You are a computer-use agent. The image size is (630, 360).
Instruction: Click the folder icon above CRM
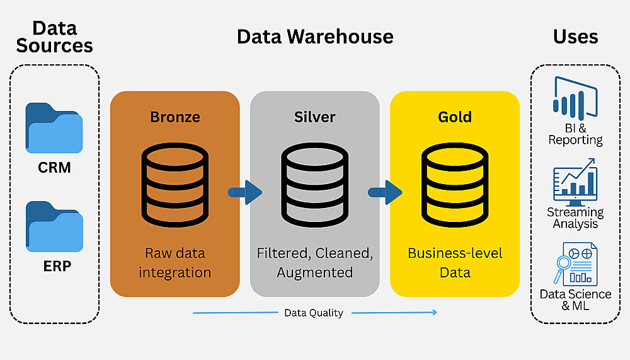pyautogui.click(x=54, y=128)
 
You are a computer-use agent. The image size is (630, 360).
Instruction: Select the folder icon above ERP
pyautogui.click(x=54, y=226)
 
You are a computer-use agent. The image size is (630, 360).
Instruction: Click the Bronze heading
pyautogui.click(x=175, y=117)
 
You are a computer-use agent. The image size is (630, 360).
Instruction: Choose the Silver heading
pyautogui.click(x=314, y=117)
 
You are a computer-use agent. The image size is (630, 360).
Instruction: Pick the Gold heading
pyautogui.click(x=454, y=117)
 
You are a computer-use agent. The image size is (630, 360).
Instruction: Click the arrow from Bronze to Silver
pyautogui.click(x=245, y=192)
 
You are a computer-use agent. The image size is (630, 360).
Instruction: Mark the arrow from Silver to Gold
pyautogui.click(x=385, y=192)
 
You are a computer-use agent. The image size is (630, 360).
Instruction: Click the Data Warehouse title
pyautogui.click(x=314, y=37)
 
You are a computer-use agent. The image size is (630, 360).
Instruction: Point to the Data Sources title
pyautogui.click(x=54, y=37)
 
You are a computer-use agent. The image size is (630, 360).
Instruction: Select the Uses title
pyautogui.click(x=575, y=37)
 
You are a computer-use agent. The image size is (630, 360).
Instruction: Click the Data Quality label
pyautogui.click(x=313, y=313)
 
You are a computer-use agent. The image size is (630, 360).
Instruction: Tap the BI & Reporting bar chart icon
pyautogui.click(x=575, y=100)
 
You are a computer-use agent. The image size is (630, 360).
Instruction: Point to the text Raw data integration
pyautogui.click(x=175, y=263)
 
